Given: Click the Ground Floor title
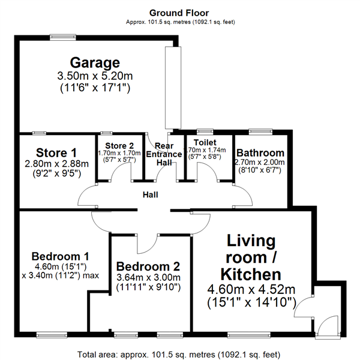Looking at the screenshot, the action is coord(179,13).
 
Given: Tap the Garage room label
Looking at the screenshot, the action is coord(95,62).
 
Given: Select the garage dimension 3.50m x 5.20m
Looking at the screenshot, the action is coord(95,76).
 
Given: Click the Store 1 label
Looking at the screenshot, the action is coord(56,153).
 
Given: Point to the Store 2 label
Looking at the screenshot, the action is coord(119,146).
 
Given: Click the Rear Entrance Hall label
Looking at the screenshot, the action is coord(164,154).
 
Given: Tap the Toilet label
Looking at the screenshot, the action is coord(205,142).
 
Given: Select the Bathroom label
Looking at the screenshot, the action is coord(260,153).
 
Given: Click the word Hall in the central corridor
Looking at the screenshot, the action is coord(151,194).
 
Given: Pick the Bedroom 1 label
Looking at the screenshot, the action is coord(60,256).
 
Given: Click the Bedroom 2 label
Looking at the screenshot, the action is coord(148,266).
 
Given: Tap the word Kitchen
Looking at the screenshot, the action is coord(251,274).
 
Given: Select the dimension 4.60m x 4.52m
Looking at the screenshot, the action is coord(251,290).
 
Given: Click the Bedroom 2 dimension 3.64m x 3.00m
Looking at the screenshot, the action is coord(148,278).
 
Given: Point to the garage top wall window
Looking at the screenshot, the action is coord(63,37).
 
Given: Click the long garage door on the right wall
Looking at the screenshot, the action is coord(173,88).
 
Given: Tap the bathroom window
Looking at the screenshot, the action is coord(260,131).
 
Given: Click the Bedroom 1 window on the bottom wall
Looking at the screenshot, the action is coord(52,335).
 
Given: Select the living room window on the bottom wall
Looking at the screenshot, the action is coord(249,335).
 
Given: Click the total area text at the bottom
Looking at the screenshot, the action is coord(179,355).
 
